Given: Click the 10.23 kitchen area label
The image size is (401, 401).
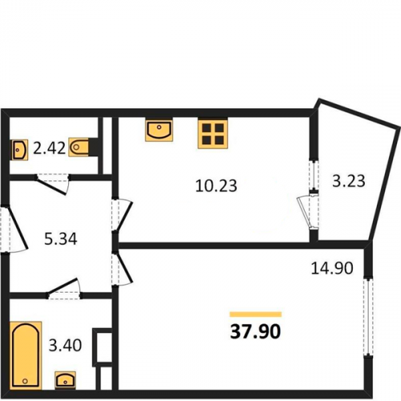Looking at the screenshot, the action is [216, 186].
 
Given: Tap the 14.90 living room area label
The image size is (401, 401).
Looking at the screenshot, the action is [332, 268].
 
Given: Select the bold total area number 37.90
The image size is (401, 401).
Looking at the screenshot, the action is [256, 331].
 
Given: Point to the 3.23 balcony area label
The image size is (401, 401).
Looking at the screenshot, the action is [349, 181].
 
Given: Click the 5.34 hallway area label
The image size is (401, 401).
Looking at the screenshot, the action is [61, 239].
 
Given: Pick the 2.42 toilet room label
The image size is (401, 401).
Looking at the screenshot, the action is [49, 148].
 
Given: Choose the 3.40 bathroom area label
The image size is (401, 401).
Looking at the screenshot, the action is [65, 345].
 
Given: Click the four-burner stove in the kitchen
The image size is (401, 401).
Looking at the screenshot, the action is [213, 133].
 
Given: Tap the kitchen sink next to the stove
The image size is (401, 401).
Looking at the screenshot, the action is [159, 129].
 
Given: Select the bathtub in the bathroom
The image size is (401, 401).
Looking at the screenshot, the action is [26, 355].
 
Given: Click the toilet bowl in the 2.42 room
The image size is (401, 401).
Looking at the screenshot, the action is [79, 148].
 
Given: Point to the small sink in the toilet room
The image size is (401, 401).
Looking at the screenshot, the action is [19, 150].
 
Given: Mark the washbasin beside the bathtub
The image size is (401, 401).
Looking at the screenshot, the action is [65, 380].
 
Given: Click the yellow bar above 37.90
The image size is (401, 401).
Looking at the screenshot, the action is [256, 314].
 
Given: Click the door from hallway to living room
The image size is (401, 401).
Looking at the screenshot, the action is [122, 269].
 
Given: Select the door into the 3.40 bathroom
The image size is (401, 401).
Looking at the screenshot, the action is [64, 290].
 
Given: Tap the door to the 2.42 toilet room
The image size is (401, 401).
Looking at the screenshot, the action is [53, 184].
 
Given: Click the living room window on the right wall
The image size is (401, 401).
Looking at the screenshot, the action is [368, 317].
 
